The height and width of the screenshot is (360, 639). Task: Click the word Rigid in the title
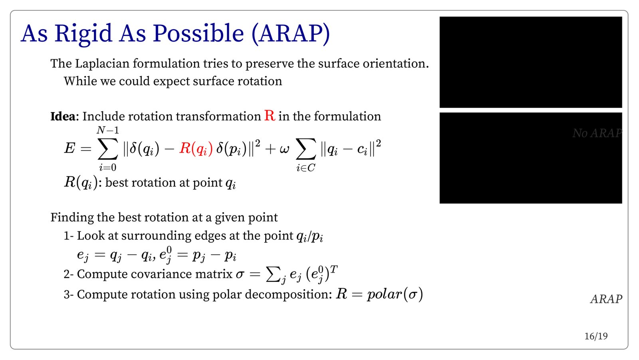coord(83,34)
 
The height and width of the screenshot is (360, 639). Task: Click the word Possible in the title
coord(198,33)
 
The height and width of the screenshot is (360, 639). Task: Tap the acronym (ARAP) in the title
coord(290,34)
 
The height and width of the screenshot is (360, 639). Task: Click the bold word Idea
coord(63,116)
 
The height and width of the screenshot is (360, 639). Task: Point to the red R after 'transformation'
coord(270,115)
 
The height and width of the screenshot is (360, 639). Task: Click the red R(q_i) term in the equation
coord(196,149)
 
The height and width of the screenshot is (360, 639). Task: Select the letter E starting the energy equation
coord(69,148)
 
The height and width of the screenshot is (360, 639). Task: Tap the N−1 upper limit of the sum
coord(107,130)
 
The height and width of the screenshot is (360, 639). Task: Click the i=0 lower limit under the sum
coord(107,167)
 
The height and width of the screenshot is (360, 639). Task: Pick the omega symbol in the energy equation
coord(284,149)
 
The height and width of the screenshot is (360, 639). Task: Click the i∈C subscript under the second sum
coord(306,168)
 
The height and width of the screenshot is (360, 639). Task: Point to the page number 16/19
coord(596,336)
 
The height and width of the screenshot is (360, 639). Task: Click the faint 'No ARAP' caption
coord(597,133)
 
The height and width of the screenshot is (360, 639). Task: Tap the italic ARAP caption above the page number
coord(606,299)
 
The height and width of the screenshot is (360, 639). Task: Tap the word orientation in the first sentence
coord(396,63)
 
